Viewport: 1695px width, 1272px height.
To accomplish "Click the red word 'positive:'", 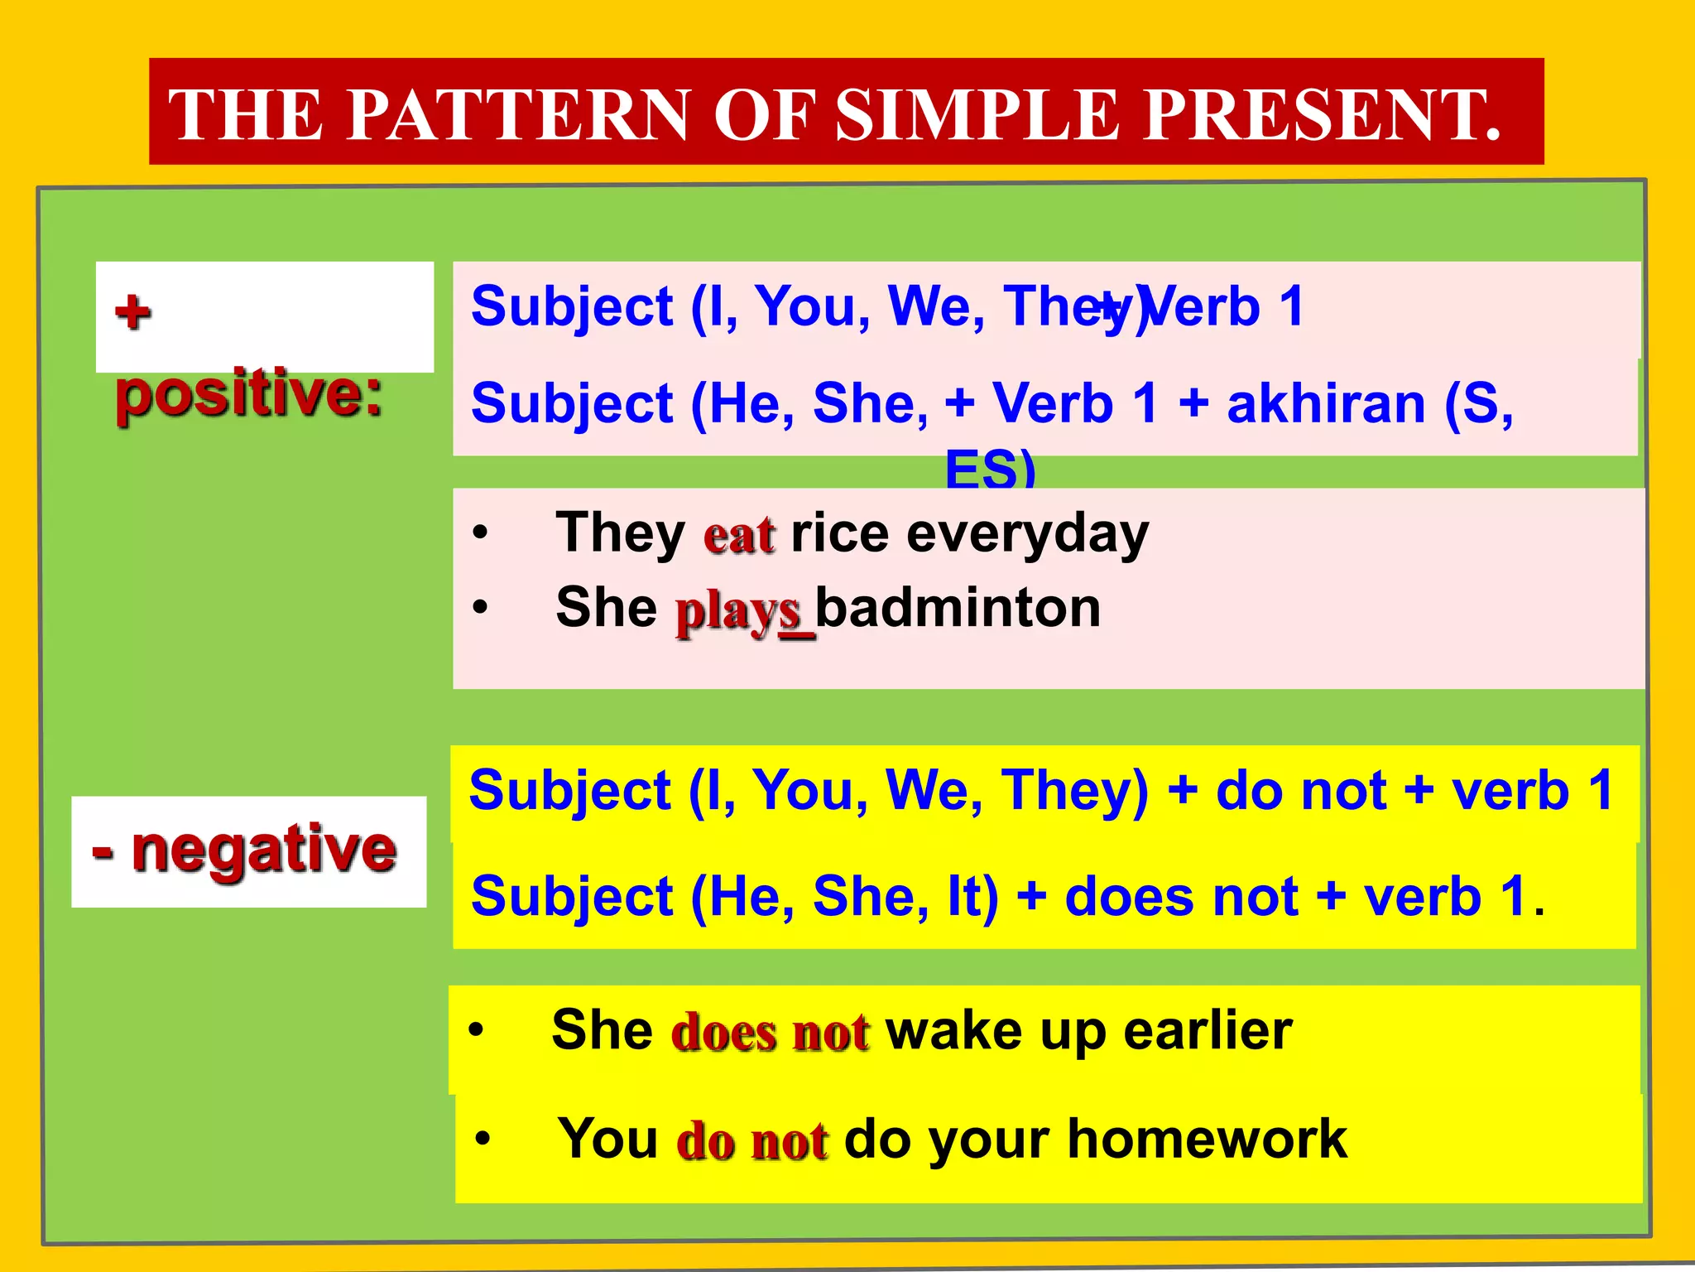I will [x=249, y=394].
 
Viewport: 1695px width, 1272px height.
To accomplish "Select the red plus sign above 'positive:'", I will [x=133, y=313].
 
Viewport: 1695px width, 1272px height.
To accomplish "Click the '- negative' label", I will [x=245, y=850].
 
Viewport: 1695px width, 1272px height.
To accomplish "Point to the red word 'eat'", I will [x=739, y=534].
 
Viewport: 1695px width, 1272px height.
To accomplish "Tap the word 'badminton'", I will [x=958, y=608].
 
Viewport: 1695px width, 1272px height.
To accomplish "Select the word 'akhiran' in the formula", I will [x=1326, y=404].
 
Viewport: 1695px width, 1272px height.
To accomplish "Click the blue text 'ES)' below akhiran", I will [x=990, y=469].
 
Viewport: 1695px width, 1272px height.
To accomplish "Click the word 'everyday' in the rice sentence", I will [x=1027, y=534].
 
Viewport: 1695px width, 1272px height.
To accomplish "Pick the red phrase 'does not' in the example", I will [x=770, y=1033].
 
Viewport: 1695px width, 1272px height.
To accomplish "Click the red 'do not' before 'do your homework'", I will [x=751, y=1141].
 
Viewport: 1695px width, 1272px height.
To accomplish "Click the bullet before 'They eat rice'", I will [x=481, y=533].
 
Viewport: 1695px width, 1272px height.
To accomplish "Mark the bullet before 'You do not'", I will [x=483, y=1139].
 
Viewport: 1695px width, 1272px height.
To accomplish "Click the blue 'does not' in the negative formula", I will [x=1181, y=897].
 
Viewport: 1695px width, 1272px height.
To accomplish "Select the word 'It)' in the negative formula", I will [x=972, y=897].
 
